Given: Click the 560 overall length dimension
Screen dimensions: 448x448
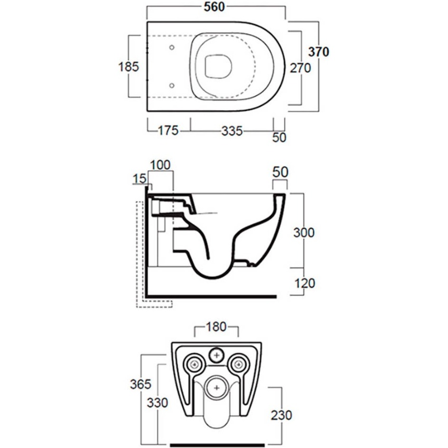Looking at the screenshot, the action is [x=214, y=7].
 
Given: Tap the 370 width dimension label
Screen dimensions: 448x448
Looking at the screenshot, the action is [x=319, y=52].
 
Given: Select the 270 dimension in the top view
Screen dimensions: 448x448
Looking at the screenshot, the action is [x=300, y=68].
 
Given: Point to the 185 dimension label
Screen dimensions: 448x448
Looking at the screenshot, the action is [x=128, y=67].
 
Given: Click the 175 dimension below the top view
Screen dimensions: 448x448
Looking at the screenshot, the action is [x=168, y=130].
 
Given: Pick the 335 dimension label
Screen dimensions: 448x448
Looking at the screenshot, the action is [x=232, y=131].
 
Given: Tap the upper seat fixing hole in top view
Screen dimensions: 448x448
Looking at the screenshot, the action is [x=172, y=48].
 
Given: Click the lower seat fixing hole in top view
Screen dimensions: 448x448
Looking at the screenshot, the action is [x=172, y=86].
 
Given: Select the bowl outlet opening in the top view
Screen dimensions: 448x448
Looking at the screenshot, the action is [x=218, y=66].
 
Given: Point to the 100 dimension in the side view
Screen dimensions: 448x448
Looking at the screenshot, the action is [x=160, y=165].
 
